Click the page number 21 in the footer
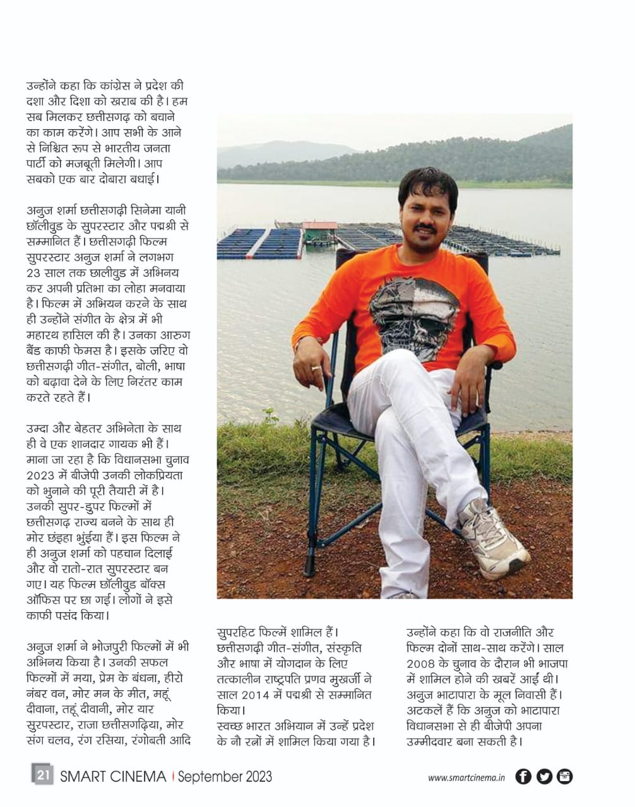tap(43, 775)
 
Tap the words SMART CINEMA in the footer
tap(113, 776)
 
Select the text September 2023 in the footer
tap(225, 776)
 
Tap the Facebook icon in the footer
tap(523, 776)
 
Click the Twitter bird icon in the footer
tap(544, 776)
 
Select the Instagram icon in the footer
tap(564, 776)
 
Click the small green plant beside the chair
tap(271, 417)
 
